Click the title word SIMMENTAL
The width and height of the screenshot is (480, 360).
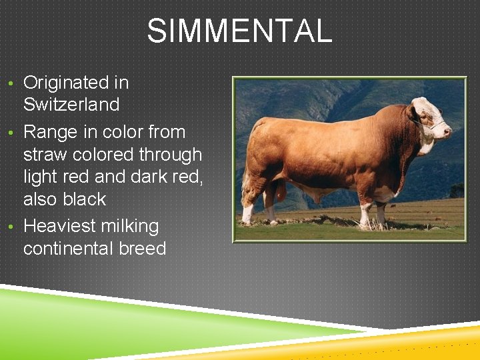click(239, 31)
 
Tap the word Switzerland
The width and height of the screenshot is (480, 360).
click(71, 105)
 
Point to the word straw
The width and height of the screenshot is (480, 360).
click(45, 155)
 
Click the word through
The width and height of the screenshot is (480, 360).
click(170, 155)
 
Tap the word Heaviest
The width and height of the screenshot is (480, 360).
click(59, 227)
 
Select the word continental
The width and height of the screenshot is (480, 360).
click(67, 249)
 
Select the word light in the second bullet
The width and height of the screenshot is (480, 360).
click(41, 177)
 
